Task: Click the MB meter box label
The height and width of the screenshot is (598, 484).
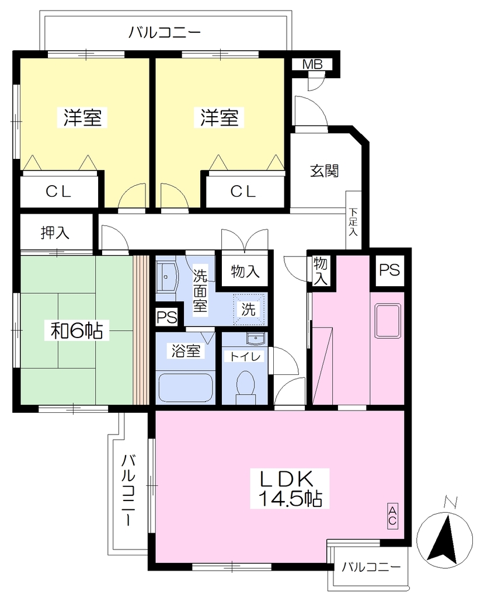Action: click(x=312, y=64)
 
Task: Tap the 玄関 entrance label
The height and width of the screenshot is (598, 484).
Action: click(x=324, y=171)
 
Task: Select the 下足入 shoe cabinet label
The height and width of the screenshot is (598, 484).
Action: click(x=353, y=221)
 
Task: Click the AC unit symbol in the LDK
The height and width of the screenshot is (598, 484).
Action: click(x=392, y=516)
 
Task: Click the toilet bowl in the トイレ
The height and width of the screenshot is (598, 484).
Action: click(x=245, y=385)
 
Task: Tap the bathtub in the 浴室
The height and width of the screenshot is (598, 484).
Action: click(x=185, y=387)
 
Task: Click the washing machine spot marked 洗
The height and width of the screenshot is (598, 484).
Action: click(x=248, y=309)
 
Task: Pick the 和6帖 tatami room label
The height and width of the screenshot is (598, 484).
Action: click(x=77, y=330)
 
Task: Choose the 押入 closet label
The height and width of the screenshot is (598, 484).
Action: click(x=55, y=232)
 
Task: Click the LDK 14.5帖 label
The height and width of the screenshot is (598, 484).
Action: click(x=290, y=489)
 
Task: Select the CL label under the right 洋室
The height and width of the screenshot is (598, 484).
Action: click(x=243, y=192)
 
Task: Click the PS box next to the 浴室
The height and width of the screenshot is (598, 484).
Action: click(x=166, y=317)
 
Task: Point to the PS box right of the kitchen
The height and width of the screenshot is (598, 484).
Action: click(x=389, y=270)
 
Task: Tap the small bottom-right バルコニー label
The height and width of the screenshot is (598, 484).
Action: click(x=371, y=567)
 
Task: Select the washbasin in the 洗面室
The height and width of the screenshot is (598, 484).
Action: click(x=166, y=276)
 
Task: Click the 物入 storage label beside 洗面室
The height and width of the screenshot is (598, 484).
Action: click(x=245, y=272)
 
